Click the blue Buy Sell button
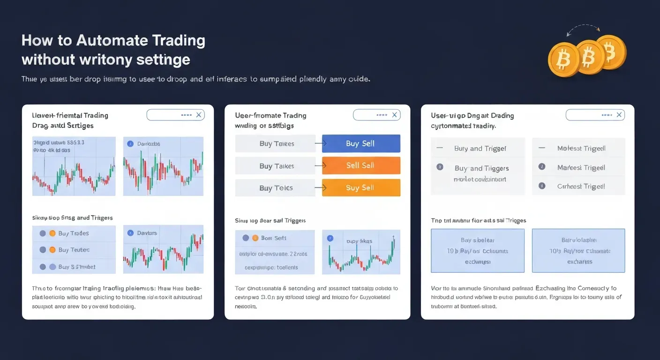click(361, 143)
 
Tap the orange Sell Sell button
click(361, 165)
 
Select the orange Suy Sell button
click(361, 187)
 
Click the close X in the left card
click(199, 115)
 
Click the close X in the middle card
click(395, 115)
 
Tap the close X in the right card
click(619, 115)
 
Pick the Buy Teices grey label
click(276, 143)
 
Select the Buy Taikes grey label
click(276, 166)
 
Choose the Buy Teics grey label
click(276, 188)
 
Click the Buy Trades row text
click(74, 233)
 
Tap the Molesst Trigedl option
click(581, 148)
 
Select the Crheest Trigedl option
click(581, 186)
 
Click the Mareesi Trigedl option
click(581, 167)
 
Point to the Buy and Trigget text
click(480, 149)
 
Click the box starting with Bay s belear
click(478, 250)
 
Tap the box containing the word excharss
click(578, 250)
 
